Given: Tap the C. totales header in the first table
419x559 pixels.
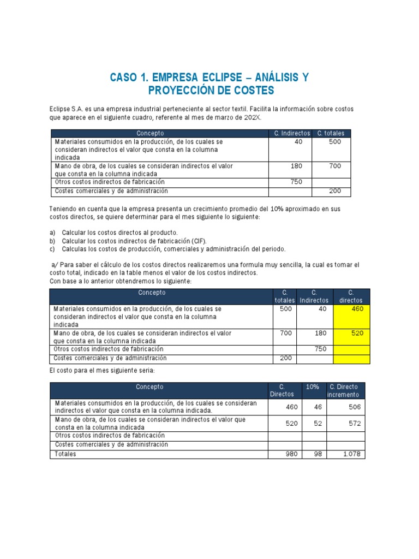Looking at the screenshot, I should (331, 133).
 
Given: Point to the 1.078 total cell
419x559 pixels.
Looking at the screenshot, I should (346, 454).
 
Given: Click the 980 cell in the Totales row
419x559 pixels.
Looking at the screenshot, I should (285, 454).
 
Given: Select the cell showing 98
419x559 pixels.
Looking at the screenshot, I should (313, 454).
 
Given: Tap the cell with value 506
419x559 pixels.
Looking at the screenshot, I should (346, 407).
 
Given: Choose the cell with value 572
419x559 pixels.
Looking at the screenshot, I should (346, 424).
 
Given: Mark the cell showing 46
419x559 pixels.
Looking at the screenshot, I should (313, 407).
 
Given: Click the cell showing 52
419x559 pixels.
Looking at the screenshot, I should (313, 424).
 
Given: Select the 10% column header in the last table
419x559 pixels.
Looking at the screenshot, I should (313, 387).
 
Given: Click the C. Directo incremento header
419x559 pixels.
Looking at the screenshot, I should (345, 390).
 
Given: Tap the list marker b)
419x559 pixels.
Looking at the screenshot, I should (52, 241).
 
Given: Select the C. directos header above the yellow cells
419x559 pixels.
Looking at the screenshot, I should (351, 296).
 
